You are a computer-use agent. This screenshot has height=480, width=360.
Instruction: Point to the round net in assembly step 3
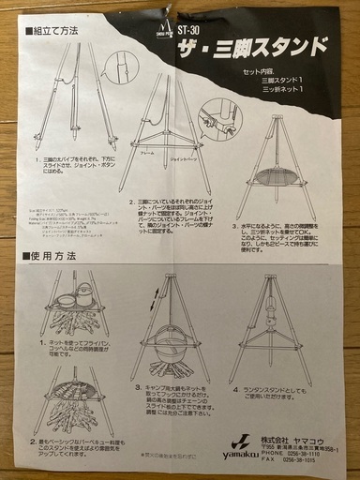(x=282, y=172)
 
